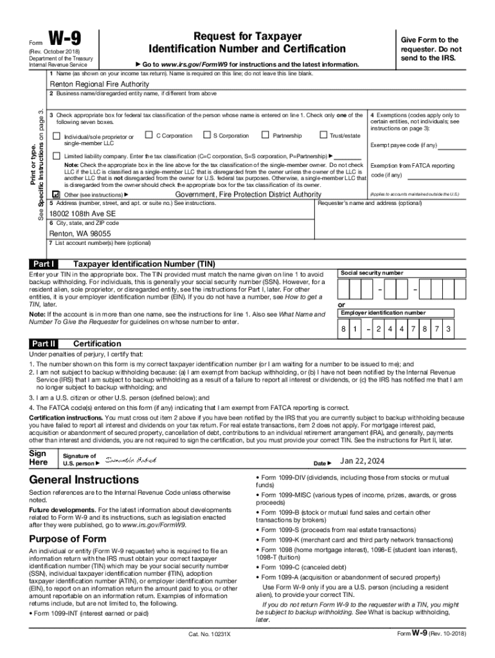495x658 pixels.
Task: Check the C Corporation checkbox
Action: (x=149, y=135)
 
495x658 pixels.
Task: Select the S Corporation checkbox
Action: (x=206, y=135)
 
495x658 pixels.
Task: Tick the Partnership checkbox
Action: (x=265, y=135)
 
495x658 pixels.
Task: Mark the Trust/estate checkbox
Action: (x=323, y=135)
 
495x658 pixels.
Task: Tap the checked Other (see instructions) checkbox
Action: (x=57, y=195)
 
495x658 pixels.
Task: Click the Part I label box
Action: (x=44, y=264)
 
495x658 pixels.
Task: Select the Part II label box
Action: (x=44, y=344)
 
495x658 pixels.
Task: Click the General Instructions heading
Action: (x=84, y=480)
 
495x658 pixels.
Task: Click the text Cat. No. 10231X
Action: (x=210, y=634)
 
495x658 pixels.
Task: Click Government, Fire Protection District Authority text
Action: (x=248, y=194)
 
